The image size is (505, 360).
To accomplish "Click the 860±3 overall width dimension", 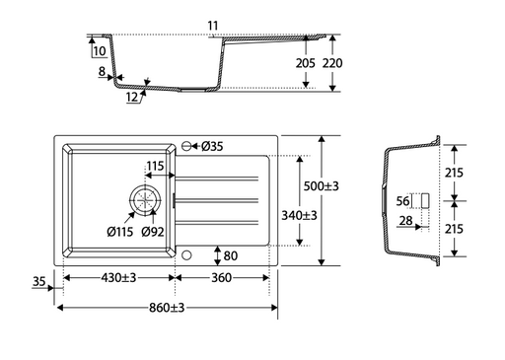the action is [x=167, y=308].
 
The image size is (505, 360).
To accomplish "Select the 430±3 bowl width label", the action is [x=118, y=278].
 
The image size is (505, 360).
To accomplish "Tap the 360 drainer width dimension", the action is [x=221, y=278].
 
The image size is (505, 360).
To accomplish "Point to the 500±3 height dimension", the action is [x=321, y=186].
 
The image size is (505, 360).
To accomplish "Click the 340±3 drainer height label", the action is [x=299, y=216].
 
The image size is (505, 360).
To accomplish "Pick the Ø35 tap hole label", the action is [x=212, y=146].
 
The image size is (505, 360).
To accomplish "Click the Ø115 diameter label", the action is [x=120, y=232].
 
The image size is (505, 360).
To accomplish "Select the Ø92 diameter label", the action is [x=153, y=232].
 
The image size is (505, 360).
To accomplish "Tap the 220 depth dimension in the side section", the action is [x=332, y=63].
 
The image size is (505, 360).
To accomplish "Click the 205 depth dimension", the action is [x=305, y=63].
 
